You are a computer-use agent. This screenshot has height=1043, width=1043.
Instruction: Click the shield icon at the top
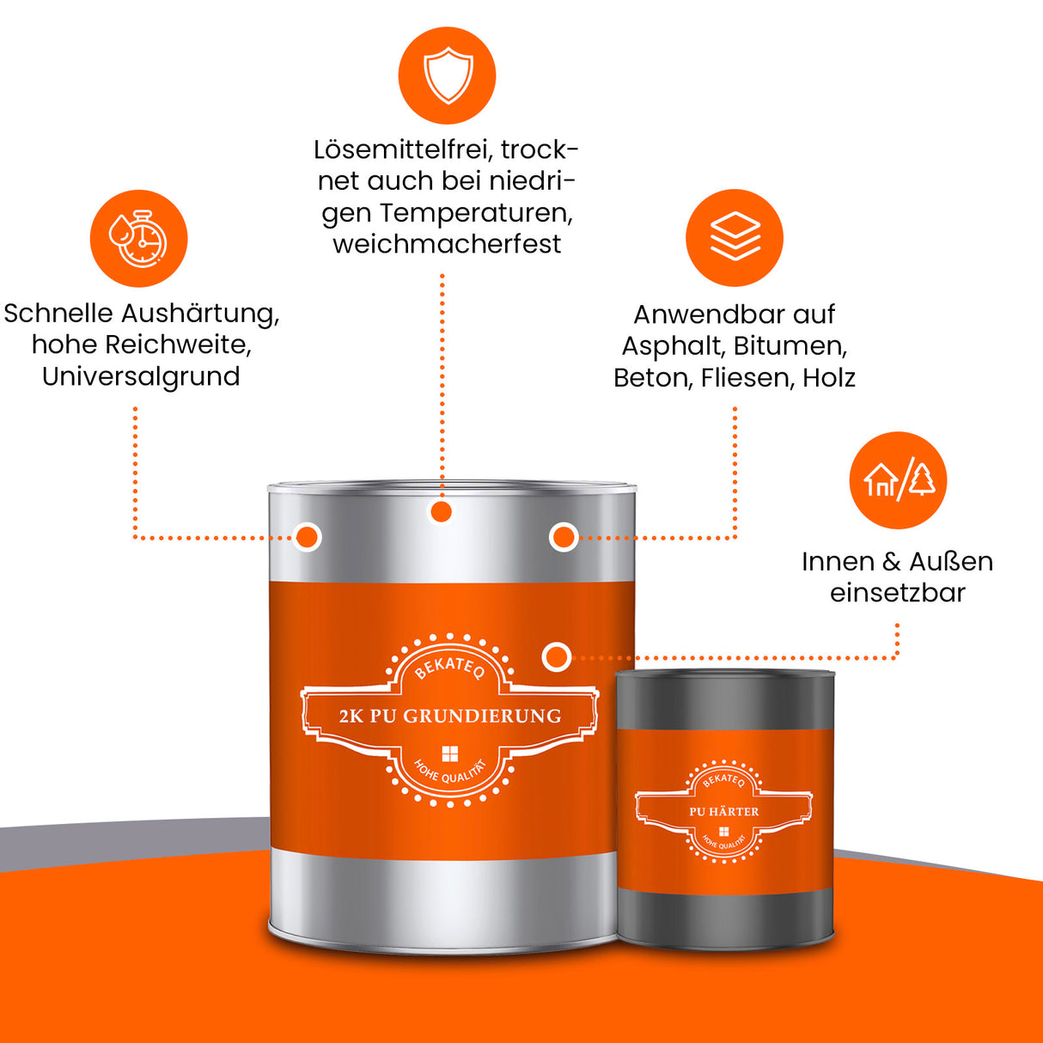click(x=447, y=76)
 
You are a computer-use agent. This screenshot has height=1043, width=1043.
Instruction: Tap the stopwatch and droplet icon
click(x=138, y=238)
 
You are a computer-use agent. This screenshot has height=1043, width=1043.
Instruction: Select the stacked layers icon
click(x=735, y=237)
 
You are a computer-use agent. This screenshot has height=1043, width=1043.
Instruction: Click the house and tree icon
click(x=898, y=479)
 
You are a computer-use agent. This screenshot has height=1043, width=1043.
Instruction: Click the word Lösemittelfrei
click(x=397, y=149)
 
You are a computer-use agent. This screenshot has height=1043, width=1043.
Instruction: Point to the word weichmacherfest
click(x=447, y=244)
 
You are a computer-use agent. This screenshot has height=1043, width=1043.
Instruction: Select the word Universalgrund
click(x=141, y=376)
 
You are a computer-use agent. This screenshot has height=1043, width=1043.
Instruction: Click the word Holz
click(x=828, y=378)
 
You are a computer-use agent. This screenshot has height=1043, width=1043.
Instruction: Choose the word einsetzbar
click(x=897, y=593)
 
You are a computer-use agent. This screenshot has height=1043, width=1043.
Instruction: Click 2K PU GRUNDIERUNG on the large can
click(x=449, y=716)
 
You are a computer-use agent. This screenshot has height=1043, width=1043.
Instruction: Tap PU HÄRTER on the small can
click(x=723, y=811)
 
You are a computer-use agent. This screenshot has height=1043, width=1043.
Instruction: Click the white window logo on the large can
click(x=449, y=754)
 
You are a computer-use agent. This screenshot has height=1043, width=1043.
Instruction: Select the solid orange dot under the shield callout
click(x=441, y=512)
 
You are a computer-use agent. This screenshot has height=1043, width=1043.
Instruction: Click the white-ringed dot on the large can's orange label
click(x=557, y=657)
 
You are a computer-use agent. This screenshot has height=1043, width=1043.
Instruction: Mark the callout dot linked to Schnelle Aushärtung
click(x=308, y=537)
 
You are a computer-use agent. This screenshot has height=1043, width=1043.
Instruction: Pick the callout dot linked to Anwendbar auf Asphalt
click(x=564, y=537)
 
